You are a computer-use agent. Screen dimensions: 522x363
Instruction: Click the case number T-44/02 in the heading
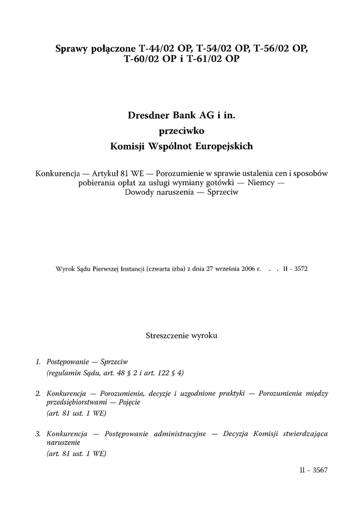(x=158, y=49)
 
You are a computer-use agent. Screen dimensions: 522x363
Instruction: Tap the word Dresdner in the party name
(x=148, y=116)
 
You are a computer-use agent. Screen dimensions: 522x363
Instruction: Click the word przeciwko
(x=181, y=131)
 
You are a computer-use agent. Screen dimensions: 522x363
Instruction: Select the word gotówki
(x=222, y=183)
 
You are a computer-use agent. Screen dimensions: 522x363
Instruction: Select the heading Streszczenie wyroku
(x=181, y=336)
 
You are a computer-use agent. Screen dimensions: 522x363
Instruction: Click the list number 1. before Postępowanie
(x=38, y=361)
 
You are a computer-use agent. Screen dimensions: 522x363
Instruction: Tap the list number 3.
(x=38, y=434)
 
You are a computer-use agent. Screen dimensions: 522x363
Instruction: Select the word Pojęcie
(x=127, y=402)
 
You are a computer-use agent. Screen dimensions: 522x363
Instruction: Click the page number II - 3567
(x=314, y=471)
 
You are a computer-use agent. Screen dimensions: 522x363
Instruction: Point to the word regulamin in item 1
(x=65, y=373)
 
